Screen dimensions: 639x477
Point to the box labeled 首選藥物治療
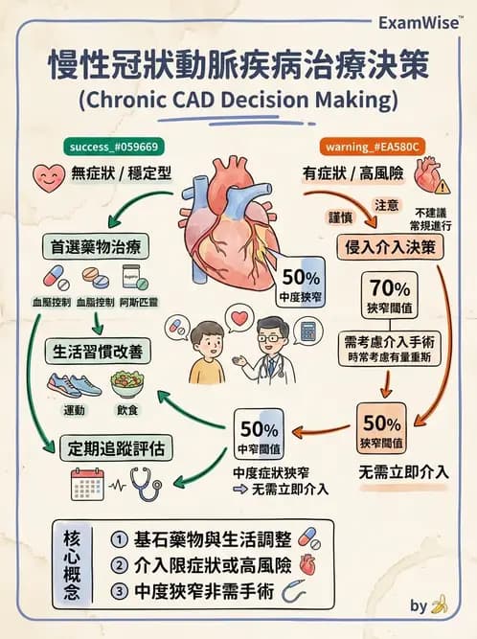click(94, 246)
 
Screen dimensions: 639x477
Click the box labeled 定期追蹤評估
click(109, 447)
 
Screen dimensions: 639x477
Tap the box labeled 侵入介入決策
click(394, 246)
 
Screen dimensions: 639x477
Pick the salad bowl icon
click(127, 384)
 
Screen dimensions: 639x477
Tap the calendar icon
click(87, 484)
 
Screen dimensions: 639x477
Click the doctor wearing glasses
click(271, 351)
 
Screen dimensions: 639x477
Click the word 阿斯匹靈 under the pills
click(139, 302)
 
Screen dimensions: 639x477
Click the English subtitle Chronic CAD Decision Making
click(238, 100)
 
